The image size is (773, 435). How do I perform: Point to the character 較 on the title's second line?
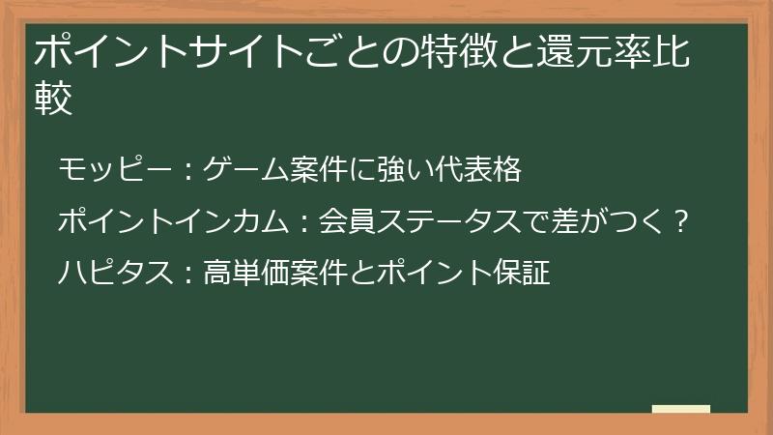tap(54, 99)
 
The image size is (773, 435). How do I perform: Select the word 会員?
tap(344, 222)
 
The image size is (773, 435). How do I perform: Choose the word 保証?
tap(526, 274)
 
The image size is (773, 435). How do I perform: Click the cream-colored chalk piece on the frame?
tap(680, 409)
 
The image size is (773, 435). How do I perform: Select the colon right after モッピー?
tap(186, 172)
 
